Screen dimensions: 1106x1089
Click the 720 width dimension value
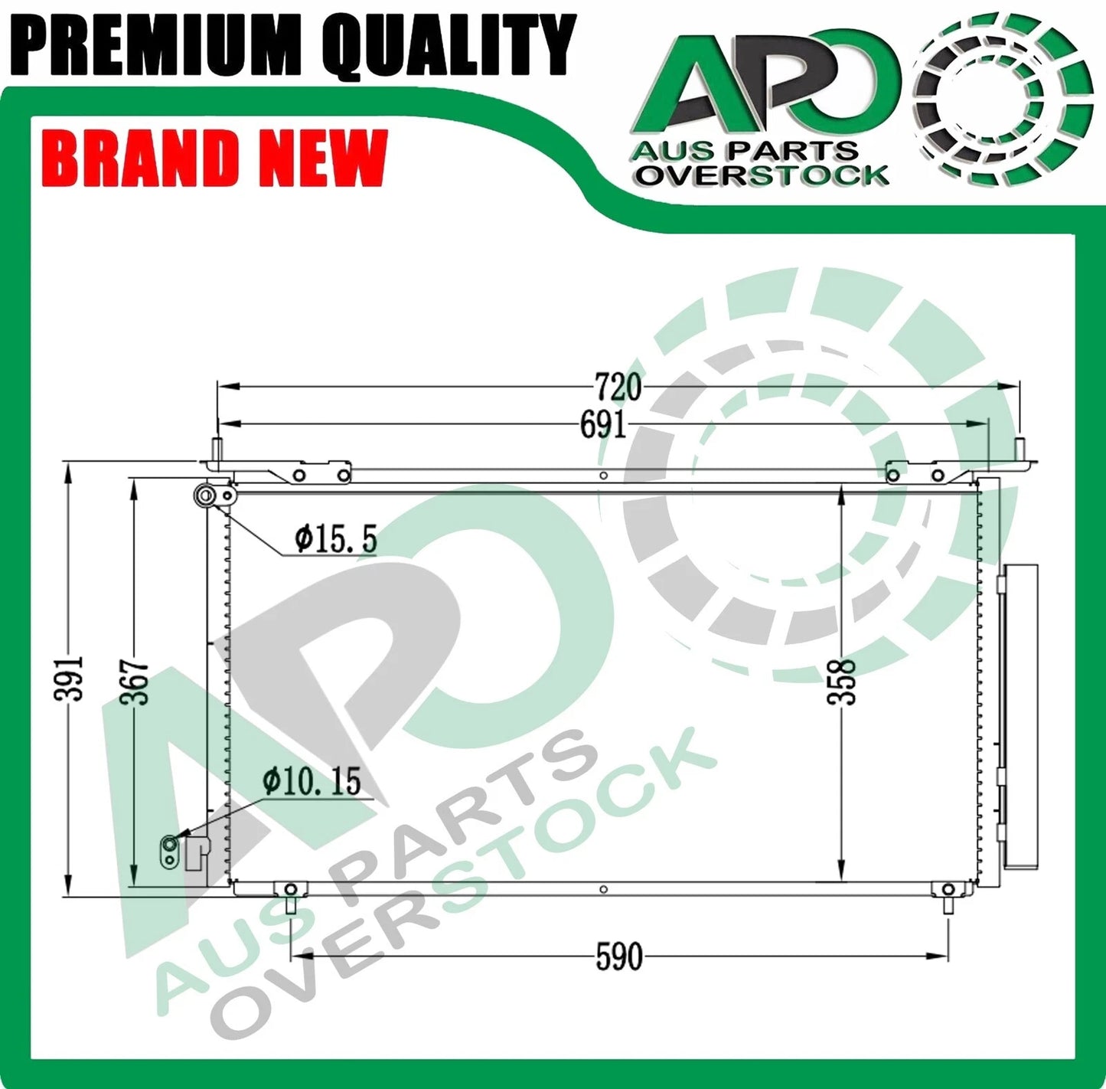point(618,388)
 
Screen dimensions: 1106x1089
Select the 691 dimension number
point(602,425)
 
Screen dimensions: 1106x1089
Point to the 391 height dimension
point(69,679)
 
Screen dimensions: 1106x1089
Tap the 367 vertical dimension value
point(134,682)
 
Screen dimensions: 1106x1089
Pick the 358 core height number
point(841,682)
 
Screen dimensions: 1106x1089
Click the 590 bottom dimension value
point(618,957)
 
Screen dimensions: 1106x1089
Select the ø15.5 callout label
point(336,539)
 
